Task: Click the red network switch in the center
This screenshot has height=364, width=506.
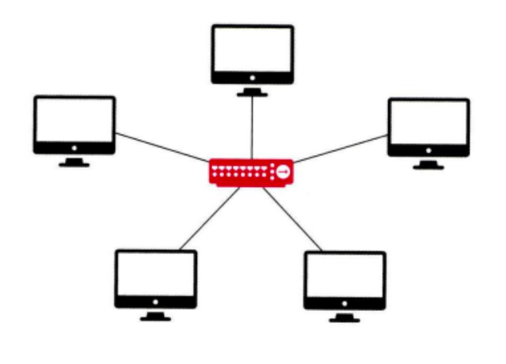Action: click(250, 172)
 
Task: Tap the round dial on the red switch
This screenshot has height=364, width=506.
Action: click(281, 172)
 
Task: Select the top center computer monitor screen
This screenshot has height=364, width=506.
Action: click(253, 50)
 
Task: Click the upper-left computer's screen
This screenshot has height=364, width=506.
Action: click(74, 119)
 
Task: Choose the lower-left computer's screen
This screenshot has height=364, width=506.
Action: click(155, 274)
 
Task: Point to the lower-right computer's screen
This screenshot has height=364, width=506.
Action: click(344, 276)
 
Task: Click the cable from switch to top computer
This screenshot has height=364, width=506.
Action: click(252, 127)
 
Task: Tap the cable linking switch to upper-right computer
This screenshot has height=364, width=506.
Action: click(341, 148)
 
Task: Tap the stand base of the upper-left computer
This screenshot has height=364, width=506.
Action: click(74, 164)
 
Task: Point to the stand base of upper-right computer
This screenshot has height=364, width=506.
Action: click(428, 167)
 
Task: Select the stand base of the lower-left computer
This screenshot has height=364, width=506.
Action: click(155, 318)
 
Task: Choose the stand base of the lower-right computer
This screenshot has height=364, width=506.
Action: click(344, 320)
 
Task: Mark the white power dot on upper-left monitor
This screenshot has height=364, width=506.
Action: click(74, 147)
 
